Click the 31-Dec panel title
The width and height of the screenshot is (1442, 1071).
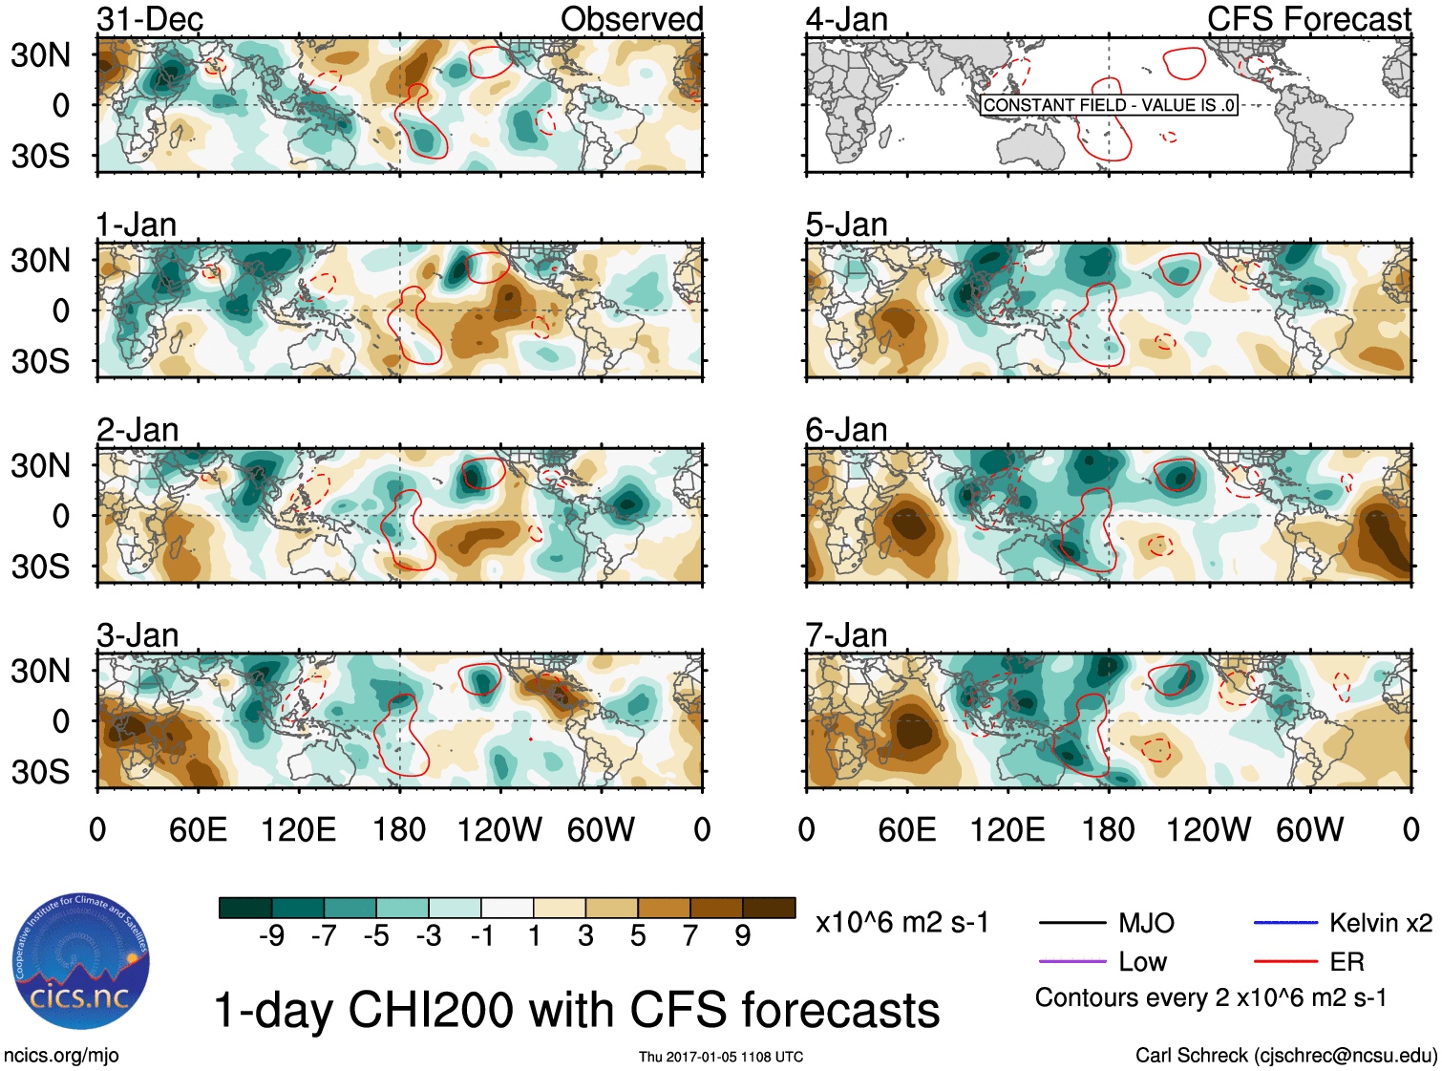[x=150, y=19]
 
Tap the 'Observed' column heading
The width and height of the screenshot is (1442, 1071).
[x=631, y=19]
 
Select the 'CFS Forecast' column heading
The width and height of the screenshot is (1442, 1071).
[x=1308, y=19]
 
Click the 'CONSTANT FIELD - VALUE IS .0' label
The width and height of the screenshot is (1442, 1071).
[x=1109, y=105]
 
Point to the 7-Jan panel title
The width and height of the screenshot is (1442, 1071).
[x=846, y=635]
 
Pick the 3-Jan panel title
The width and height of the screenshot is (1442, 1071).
[x=138, y=635]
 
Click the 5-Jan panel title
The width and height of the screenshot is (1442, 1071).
[x=846, y=225]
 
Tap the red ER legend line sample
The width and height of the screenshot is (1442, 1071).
[x=1285, y=961]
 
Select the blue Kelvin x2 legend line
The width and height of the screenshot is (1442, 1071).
[x=1285, y=923]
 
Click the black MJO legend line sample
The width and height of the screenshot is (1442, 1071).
[x=1071, y=923]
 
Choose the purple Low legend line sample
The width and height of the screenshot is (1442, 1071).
[x=1071, y=961]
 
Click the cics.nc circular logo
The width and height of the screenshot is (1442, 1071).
[x=81, y=962]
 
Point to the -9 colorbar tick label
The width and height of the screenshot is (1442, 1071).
[x=271, y=936]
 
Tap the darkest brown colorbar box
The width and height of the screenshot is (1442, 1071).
[x=769, y=908]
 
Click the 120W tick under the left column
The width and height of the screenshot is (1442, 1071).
[x=499, y=829]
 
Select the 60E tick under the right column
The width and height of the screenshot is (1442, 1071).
[x=907, y=829]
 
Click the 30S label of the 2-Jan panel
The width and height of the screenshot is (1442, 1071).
[x=41, y=567]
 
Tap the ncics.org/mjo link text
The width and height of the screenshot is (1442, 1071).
[x=61, y=1056]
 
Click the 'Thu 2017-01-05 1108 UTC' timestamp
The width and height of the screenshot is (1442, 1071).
[x=721, y=1057]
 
